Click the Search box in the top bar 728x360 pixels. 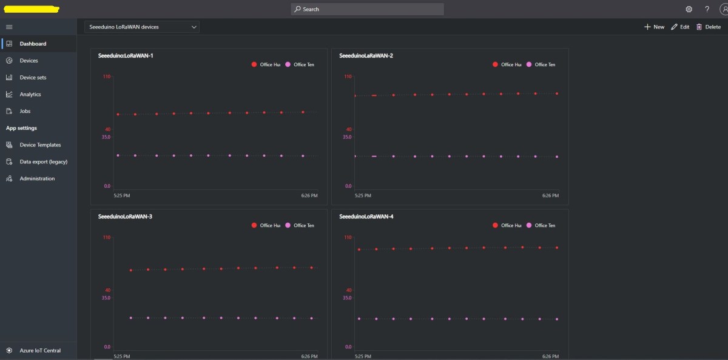point(367,9)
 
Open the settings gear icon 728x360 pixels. point(689,9)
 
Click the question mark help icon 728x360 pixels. point(707,9)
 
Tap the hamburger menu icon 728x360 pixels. point(9,27)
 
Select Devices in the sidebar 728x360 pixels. point(29,61)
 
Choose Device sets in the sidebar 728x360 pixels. point(33,78)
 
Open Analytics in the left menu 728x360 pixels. point(30,95)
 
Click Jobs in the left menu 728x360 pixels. point(25,111)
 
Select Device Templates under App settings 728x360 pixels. point(40,145)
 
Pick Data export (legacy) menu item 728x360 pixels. point(43,162)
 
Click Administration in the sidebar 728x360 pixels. point(37,178)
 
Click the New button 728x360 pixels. point(655,27)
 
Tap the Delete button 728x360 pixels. point(709,27)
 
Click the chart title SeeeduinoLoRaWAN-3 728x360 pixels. point(125,217)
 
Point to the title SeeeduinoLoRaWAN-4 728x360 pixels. point(366,217)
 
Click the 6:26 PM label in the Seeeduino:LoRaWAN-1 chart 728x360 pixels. point(309,195)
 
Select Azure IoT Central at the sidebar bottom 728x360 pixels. point(40,350)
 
